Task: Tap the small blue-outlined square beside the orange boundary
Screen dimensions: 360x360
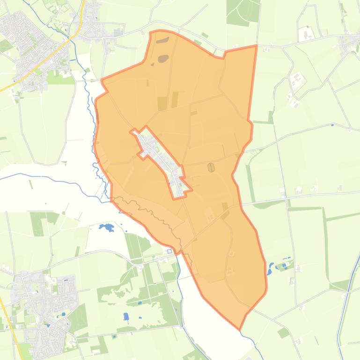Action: pyautogui.click(x=169, y=251)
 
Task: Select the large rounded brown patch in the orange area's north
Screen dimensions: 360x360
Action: pyautogui.click(x=163, y=58)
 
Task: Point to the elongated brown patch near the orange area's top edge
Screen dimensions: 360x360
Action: pyautogui.click(x=162, y=41)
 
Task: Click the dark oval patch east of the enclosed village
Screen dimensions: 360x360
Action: pyautogui.click(x=211, y=167)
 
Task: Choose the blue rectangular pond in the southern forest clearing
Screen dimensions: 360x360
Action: pyautogui.click(x=126, y=317)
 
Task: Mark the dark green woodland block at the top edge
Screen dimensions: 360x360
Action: pyautogui.click(x=242, y=12)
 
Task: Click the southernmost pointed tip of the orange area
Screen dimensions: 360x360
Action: pyautogui.click(x=240, y=329)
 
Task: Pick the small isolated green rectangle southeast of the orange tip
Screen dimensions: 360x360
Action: pyautogui.click(x=283, y=332)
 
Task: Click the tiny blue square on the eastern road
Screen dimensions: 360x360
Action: pyautogui.click(x=332, y=125)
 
